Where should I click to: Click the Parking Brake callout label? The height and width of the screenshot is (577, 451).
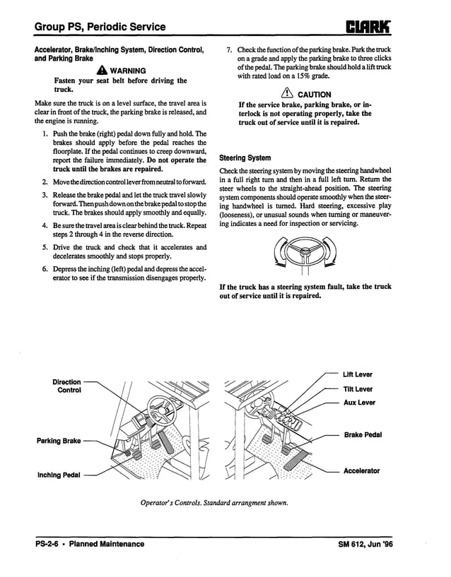pos(59,441)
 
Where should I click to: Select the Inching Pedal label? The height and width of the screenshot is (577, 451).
pos(59,475)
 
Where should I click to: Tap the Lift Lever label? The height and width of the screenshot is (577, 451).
pos(357,374)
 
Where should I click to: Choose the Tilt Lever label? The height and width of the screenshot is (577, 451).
pos(357,389)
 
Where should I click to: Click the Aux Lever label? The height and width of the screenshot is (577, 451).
pos(359,403)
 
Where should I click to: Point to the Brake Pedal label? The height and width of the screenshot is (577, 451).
pos(363,435)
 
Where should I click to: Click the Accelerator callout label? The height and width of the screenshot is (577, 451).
pos(361,470)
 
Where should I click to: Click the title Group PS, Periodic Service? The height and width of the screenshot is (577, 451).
pos(100,28)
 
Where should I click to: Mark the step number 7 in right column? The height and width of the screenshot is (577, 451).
pos(228,50)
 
